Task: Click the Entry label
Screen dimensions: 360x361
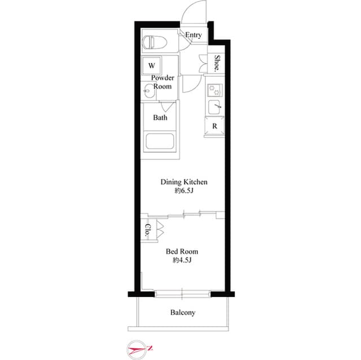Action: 193,35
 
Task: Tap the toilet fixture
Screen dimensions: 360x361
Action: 152,42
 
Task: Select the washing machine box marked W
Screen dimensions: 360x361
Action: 151,65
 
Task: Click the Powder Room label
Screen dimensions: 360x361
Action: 161,82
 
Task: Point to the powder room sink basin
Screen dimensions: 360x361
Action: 149,89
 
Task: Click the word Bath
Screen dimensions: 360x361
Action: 160,118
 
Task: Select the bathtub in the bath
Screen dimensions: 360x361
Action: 160,141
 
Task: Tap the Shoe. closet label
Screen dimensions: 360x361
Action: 217,63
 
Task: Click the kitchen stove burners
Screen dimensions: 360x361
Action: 215,89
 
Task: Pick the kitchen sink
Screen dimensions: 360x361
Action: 215,106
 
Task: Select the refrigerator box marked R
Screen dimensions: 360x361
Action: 214,126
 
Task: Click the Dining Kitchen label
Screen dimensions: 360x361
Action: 184,182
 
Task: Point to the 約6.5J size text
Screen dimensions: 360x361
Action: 184,191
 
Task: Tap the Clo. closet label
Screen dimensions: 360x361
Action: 147,229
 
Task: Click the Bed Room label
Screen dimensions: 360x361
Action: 182,251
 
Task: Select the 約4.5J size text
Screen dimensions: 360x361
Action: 181,260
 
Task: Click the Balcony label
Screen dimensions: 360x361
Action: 182,312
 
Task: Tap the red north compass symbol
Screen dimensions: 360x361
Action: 139,349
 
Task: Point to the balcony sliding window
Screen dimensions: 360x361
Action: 182,292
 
